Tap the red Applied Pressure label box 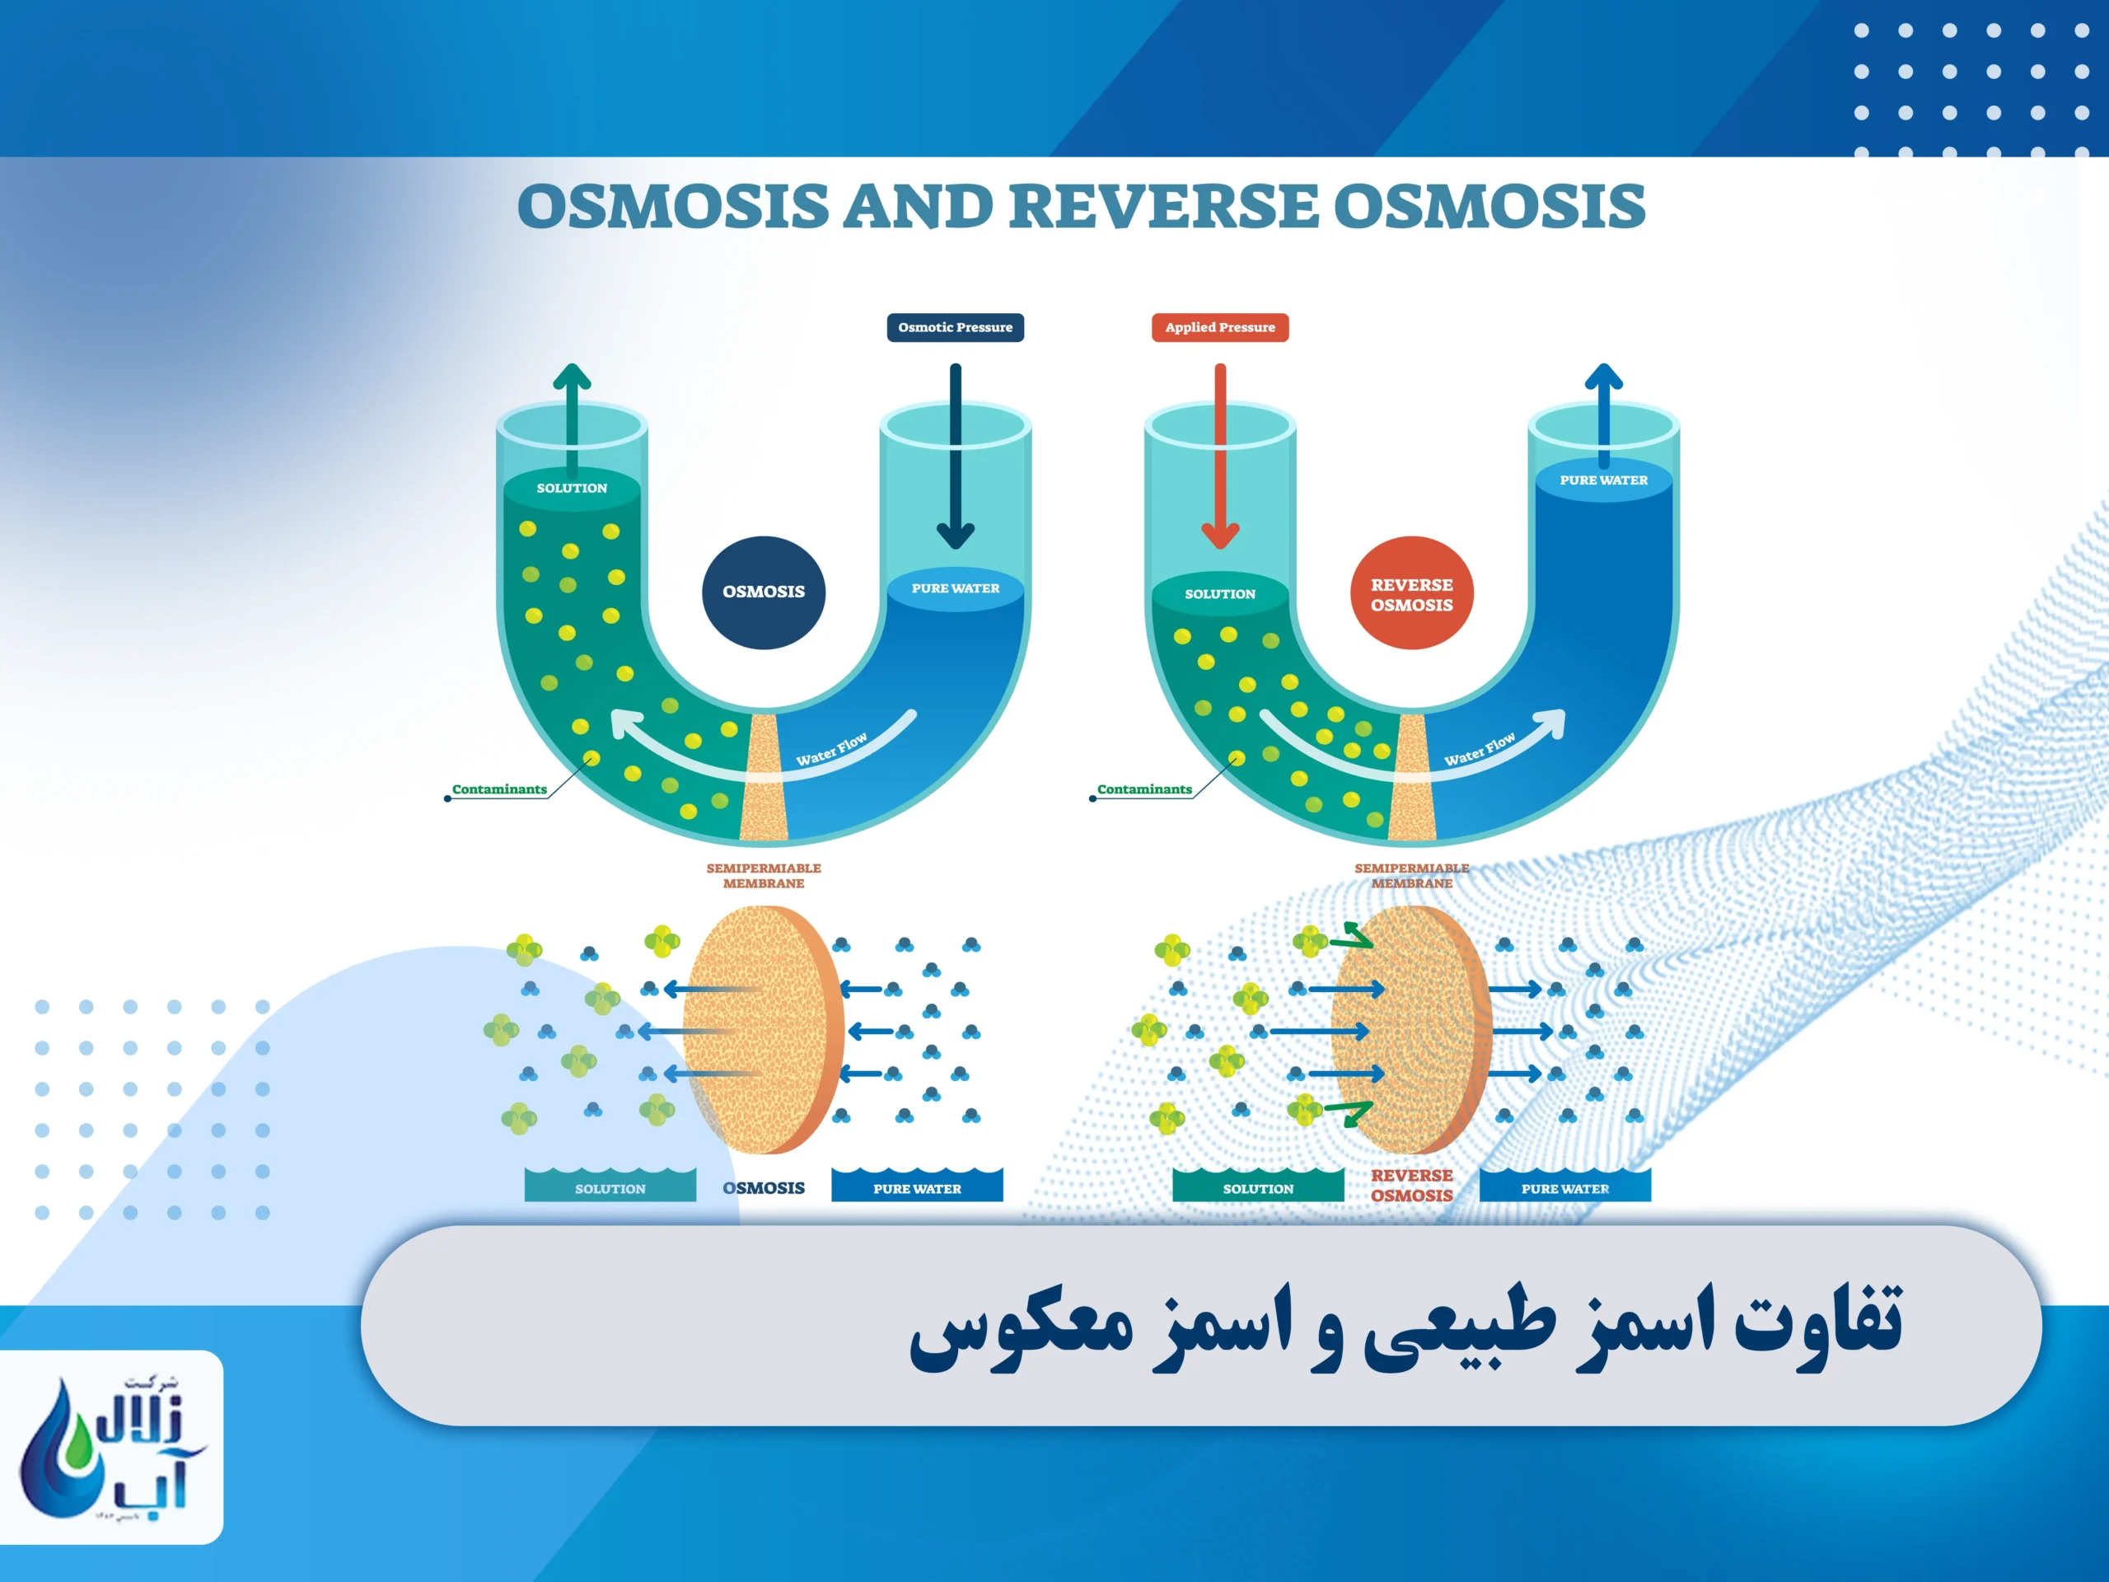pos(1219,327)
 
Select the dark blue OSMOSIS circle pos(763,592)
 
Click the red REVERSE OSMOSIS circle pos(1411,593)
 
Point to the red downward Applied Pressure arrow pos(1219,458)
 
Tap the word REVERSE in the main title pos(1163,206)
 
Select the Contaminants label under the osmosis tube pos(498,789)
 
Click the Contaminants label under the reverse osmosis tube pos(1144,789)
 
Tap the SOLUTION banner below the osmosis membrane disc pos(610,1187)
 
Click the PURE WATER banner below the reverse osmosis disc pos(1564,1187)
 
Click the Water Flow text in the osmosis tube pos(831,750)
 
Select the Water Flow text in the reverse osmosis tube pos(1479,750)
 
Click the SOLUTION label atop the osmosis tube pos(571,487)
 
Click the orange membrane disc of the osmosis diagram pos(763,1030)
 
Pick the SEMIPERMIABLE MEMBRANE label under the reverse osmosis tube pos(1411,875)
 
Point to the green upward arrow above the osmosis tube pos(571,419)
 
